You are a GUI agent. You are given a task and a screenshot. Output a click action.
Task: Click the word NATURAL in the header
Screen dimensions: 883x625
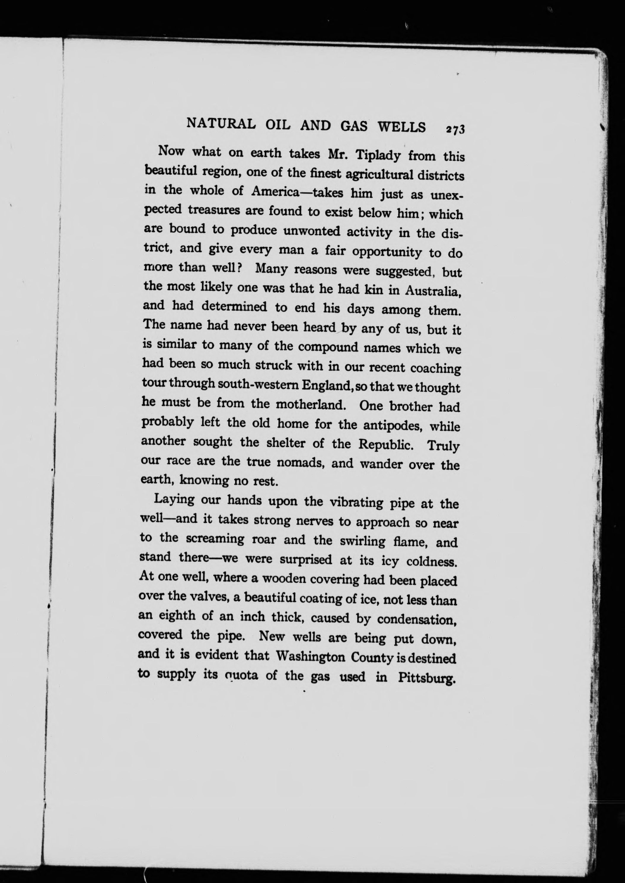221,124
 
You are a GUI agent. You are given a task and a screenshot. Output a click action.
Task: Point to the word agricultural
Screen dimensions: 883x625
379,175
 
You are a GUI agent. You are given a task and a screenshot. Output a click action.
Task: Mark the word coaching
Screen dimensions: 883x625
435,368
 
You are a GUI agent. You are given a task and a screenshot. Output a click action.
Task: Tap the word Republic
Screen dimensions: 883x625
386,444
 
